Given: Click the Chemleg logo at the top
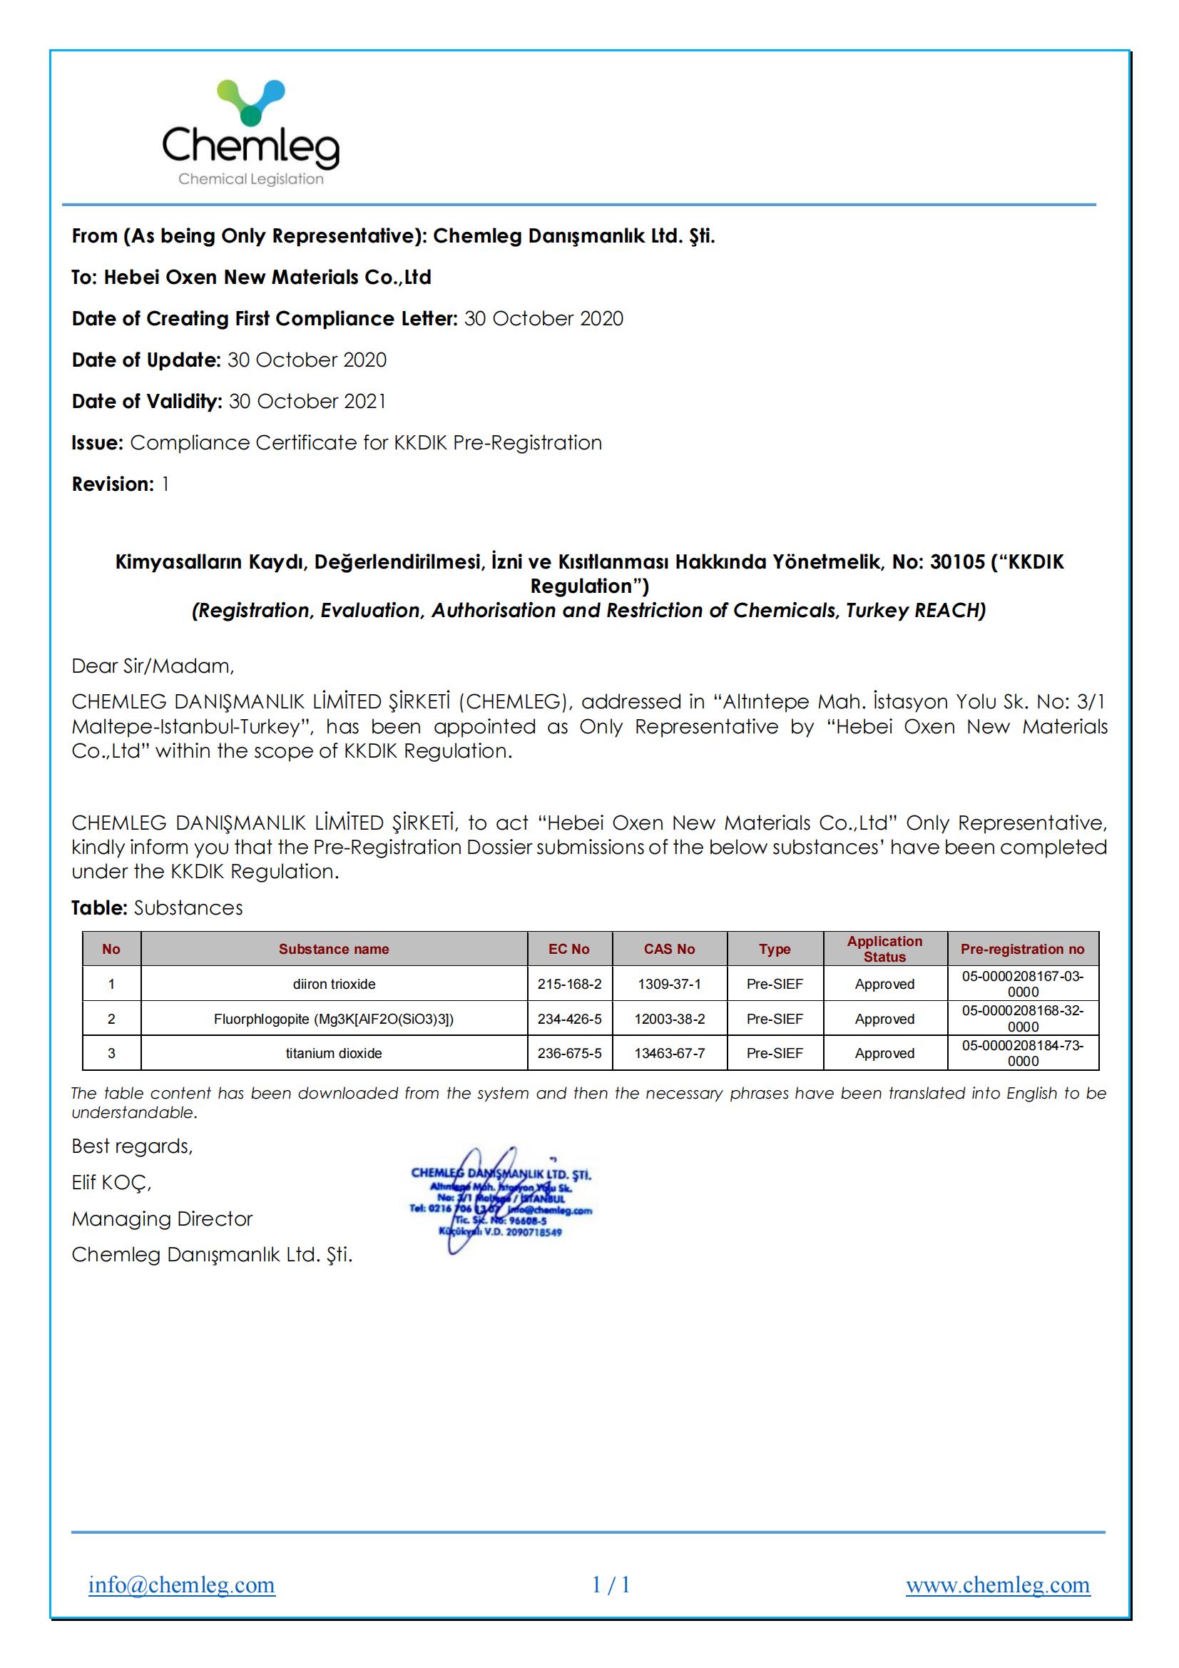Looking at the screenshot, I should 250,133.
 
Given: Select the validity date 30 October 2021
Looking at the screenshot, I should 307,402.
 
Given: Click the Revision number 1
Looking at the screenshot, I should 165,484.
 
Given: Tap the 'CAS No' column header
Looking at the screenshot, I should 669,949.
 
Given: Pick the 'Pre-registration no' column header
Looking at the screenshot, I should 1022,949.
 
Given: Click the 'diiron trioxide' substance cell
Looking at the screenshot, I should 335,985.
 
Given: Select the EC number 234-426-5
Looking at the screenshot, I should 569,1019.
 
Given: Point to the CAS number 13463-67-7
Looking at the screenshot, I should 669,1054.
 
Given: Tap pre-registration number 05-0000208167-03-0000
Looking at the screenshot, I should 1023,985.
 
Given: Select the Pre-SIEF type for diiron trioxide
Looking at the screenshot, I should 775,985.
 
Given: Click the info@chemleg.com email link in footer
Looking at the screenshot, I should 182,1585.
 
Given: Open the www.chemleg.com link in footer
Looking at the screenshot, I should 997,1585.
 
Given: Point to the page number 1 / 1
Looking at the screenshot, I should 611,1585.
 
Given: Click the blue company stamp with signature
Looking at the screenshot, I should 501,1202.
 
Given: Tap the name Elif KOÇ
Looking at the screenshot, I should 111,1183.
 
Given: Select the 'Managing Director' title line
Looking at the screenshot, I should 162,1219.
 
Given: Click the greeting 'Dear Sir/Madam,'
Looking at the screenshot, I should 153,666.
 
